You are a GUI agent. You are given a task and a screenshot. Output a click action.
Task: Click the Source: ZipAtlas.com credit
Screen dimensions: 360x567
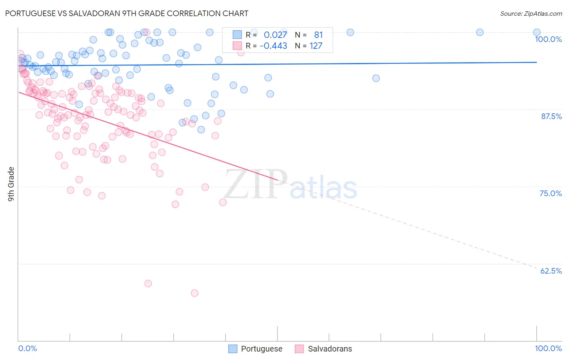click(531, 14)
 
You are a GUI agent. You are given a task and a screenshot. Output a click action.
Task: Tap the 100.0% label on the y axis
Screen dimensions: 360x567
click(548, 39)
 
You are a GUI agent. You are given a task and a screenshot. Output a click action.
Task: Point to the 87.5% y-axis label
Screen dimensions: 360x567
click(551, 116)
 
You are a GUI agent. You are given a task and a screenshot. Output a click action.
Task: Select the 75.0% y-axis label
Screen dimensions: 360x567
click(550, 193)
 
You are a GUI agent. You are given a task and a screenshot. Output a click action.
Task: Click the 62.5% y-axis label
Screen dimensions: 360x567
click(551, 271)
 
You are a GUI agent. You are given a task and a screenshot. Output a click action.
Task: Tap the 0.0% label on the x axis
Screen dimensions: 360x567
click(27, 348)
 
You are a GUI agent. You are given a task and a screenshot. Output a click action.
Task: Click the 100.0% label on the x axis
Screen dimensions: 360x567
click(548, 348)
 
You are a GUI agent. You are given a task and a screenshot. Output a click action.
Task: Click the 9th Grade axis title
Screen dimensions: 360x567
click(11, 184)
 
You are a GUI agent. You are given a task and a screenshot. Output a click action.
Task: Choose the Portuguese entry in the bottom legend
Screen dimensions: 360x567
click(261, 349)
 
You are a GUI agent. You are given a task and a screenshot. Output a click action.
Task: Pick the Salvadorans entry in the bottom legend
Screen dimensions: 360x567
click(329, 349)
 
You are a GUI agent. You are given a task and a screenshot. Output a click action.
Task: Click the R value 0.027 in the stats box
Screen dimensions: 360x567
click(275, 35)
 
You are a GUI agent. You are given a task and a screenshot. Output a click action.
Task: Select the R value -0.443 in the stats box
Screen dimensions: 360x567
click(273, 46)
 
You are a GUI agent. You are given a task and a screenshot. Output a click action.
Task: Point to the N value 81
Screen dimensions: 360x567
click(318, 35)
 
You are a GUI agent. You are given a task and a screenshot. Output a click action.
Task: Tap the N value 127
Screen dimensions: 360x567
click(316, 46)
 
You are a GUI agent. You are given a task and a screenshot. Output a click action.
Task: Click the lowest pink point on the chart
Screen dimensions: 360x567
click(194, 293)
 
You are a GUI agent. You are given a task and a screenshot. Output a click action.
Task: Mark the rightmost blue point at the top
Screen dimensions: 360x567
click(537, 32)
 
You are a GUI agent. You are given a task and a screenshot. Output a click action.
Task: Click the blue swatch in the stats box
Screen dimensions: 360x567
click(237, 35)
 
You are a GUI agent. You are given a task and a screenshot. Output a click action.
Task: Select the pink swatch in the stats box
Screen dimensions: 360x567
click(237, 46)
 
